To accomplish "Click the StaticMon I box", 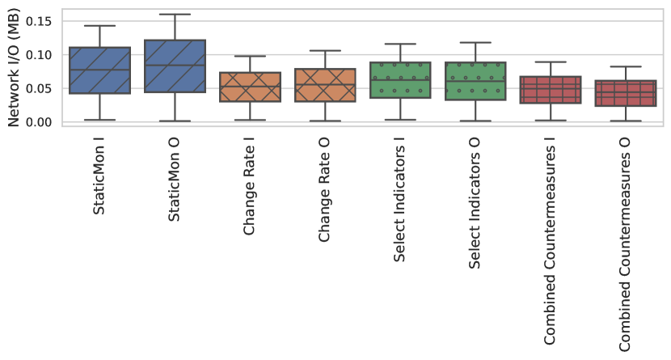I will pyautogui.click(x=99, y=70).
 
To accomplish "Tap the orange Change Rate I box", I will pyautogui.click(x=250, y=87).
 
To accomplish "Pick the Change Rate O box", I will pyautogui.click(x=325, y=85).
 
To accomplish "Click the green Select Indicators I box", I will pyautogui.click(x=400, y=80).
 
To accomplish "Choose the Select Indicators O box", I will pyautogui.click(x=475, y=81).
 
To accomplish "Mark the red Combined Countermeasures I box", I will pyautogui.click(x=551, y=89).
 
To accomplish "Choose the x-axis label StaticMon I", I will pyautogui.click(x=99, y=176).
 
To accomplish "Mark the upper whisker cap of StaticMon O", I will pyautogui.click(x=175, y=15).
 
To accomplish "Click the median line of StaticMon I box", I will pyautogui.click(x=99, y=70).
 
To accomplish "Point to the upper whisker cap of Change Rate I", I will pyautogui.click(x=250, y=56).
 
